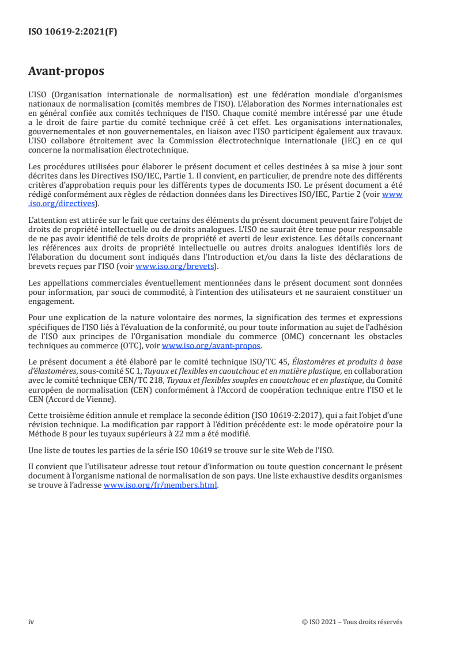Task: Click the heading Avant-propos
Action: coord(66,73)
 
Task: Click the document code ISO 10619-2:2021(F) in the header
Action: coord(73,32)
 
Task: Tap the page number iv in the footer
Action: coord(31,622)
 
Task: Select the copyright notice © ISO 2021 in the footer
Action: coord(320,622)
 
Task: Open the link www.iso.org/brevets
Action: coord(175,267)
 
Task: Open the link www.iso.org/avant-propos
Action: coord(211,346)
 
